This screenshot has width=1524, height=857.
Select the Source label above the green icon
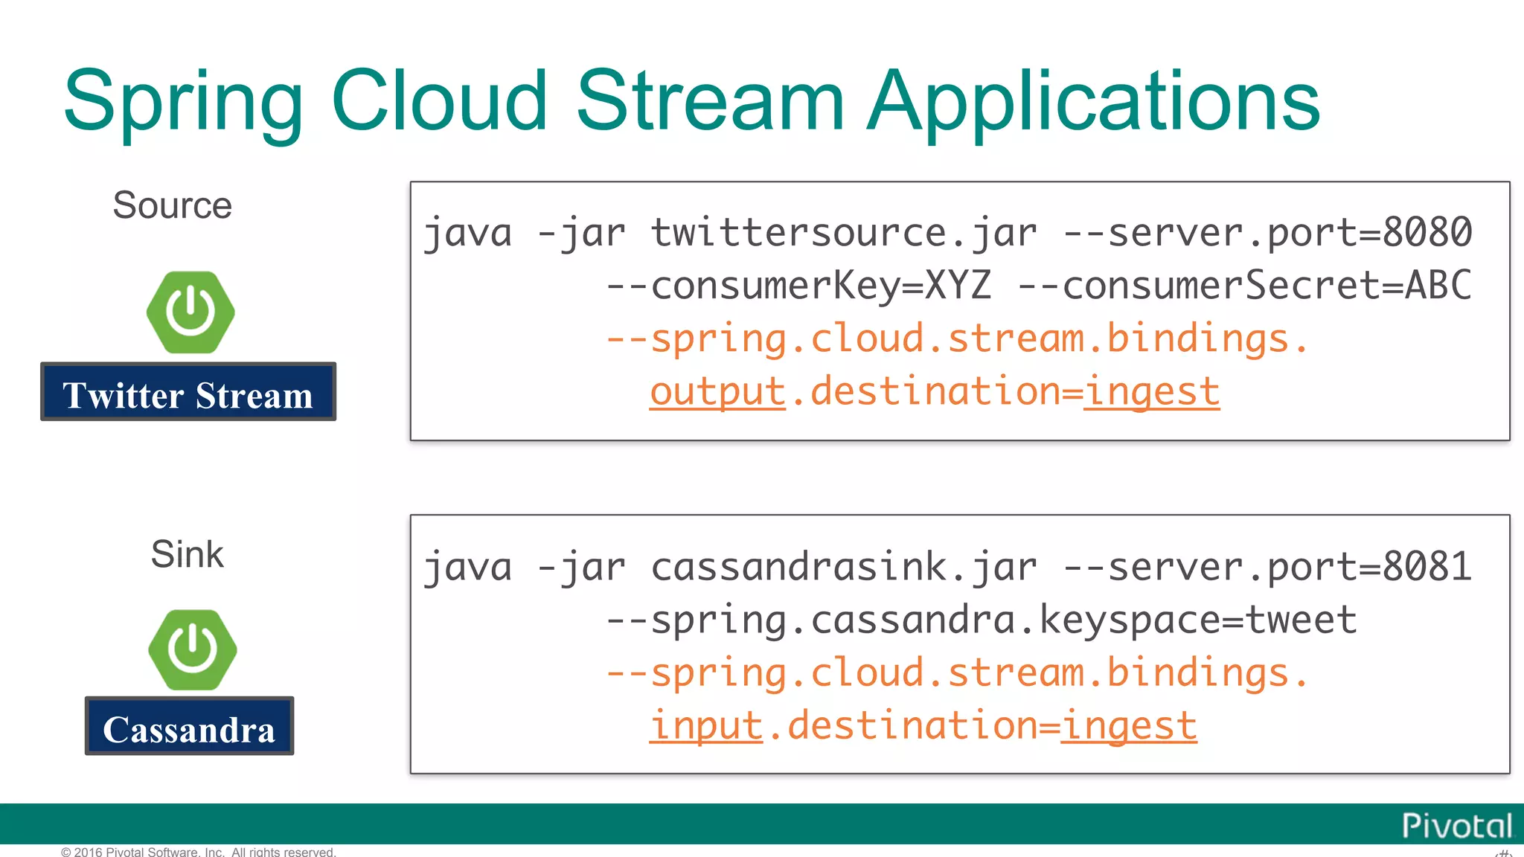pyautogui.click(x=172, y=205)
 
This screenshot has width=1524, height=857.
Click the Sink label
pyautogui.click(x=187, y=554)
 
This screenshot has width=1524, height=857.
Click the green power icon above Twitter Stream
pyautogui.click(x=190, y=312)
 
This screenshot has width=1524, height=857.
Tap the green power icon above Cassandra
pyautogui.click(x=192, y=649)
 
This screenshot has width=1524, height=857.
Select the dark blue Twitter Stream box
pyautogui.click(x=188, y=392)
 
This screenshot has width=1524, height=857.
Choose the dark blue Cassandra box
pyautogui.click(x=189, y=726)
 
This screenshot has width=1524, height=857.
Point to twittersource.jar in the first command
pyautogui.click(x=843, y=233)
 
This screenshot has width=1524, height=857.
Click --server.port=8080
pyautogui.click(x=1267, y=233)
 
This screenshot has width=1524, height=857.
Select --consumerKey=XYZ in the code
pyautogui.click(x=798, y=286)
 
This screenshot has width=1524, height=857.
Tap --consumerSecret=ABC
pyautogui.click(x=1244, y=286)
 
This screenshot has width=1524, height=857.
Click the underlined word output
pyautogui.click(x=717, y=392)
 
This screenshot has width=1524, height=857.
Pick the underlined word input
pyautogui.click(x=706, y=726)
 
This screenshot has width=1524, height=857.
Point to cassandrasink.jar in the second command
pyautogui.click(x=843, y=567)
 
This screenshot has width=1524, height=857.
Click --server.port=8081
pyautogui.click(x=1267, y=567)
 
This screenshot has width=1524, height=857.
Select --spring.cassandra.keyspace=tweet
pyautogui.click(x=981, y=620)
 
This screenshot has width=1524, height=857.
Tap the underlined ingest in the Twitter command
pyautogui.click(x=1151, y=392)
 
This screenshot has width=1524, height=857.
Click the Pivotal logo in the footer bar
pyautogui.click(x=1456, y=826)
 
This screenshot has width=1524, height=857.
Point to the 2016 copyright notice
pyautogui.click(x=199, y=852)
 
